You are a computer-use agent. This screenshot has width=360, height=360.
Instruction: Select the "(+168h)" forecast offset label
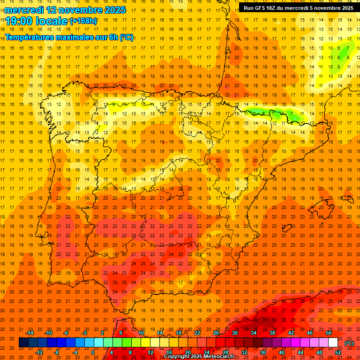pos(83,21)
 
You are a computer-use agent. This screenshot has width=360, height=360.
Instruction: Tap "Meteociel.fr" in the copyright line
pos(217,357)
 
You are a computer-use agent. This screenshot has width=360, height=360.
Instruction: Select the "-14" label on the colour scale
pos(30,333)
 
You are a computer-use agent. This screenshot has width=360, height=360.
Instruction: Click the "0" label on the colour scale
pos(93,352)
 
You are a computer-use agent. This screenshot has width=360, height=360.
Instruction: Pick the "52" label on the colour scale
pos(338,352)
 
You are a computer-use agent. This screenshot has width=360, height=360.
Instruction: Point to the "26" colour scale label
pos(216,333)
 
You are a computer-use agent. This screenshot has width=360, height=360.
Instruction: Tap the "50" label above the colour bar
pos(328,333)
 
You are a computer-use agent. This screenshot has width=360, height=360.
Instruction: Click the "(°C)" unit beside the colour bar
pos(349,343)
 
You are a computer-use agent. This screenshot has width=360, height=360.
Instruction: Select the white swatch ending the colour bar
pos(333,343)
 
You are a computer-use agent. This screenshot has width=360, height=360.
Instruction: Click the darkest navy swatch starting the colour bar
pos(23,343)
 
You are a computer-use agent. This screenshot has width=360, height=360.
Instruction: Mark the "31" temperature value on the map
pos(265,320)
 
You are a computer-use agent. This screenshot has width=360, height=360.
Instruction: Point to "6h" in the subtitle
pos(113,37)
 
